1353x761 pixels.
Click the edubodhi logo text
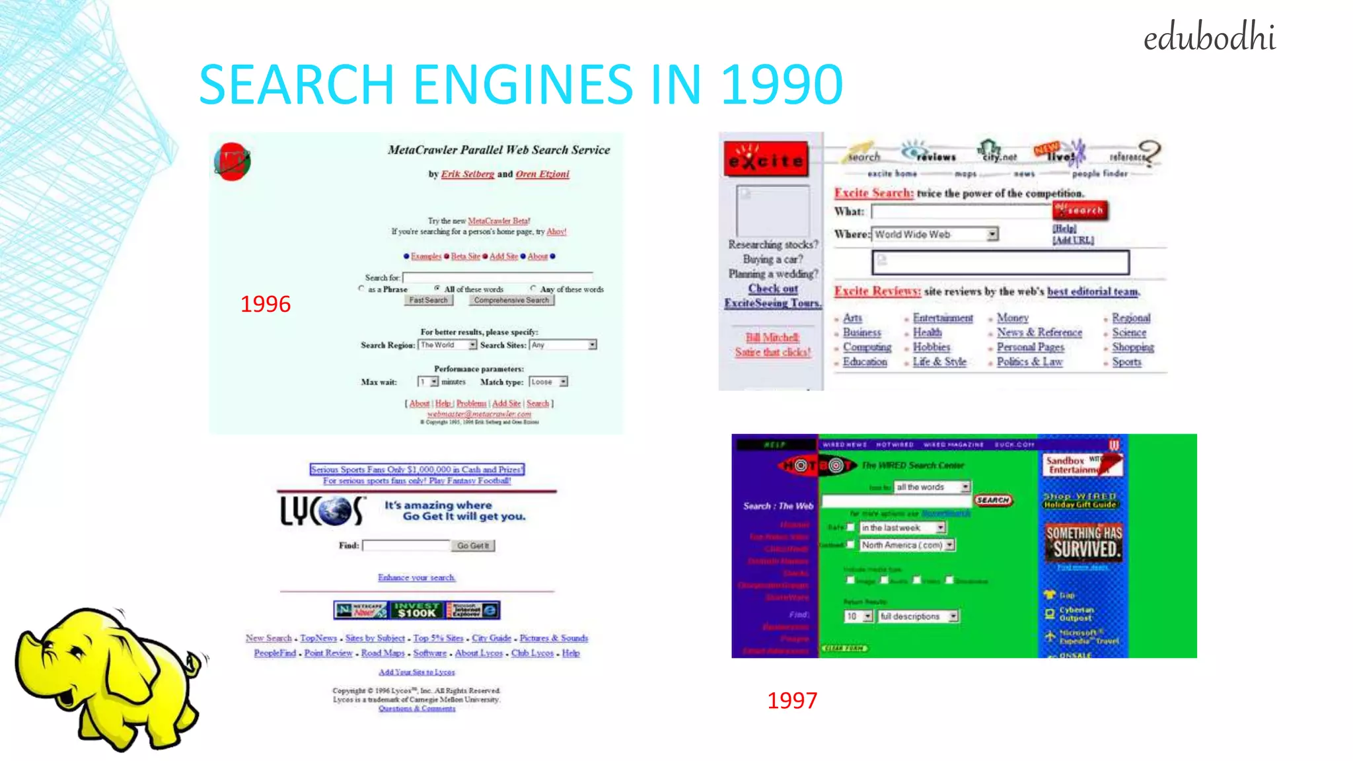1208,37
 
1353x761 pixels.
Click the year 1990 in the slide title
782,85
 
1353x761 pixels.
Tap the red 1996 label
265,304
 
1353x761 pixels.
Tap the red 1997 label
791,700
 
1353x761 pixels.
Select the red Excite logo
766,159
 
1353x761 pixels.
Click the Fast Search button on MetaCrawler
428,300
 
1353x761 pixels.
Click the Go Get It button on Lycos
472,546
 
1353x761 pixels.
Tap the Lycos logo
322,511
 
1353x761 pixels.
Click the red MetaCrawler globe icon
232,162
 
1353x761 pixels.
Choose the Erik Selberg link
467,174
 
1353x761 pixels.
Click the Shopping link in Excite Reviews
1132,347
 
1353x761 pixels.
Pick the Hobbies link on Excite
932,347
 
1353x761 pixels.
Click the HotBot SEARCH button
992,500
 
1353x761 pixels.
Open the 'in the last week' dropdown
902,528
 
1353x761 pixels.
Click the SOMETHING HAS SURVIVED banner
1083,542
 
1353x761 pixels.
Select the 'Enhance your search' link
416,577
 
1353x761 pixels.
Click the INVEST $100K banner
416,610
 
